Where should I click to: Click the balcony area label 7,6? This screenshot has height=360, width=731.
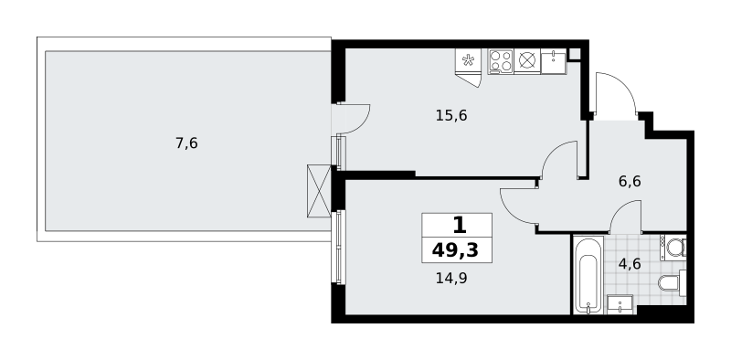coord(186,143)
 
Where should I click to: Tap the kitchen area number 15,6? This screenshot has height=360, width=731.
coord(451,115)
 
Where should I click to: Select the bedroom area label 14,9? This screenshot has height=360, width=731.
coord(451,279)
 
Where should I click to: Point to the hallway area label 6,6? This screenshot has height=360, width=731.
coord(630,182)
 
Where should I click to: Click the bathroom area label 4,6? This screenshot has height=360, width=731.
coord(630,264)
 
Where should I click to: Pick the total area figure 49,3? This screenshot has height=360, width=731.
coord(455,251)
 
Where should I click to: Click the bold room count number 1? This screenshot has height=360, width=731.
coord(460,227)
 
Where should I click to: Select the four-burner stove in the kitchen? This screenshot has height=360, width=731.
coord(501,61)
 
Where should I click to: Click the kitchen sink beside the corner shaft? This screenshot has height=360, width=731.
coord(554,61)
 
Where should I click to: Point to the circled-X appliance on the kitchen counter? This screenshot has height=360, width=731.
coord(527,61)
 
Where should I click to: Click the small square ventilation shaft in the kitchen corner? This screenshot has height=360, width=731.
coord(574,54)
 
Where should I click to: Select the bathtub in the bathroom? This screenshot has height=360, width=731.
coord(588,275)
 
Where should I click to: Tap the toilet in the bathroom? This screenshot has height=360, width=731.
coord(672,282)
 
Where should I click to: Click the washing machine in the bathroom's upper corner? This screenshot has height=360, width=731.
coord(673,248)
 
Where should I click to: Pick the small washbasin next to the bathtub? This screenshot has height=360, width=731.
coord(620,303)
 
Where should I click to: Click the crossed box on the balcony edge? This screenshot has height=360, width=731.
coord(319,191)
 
